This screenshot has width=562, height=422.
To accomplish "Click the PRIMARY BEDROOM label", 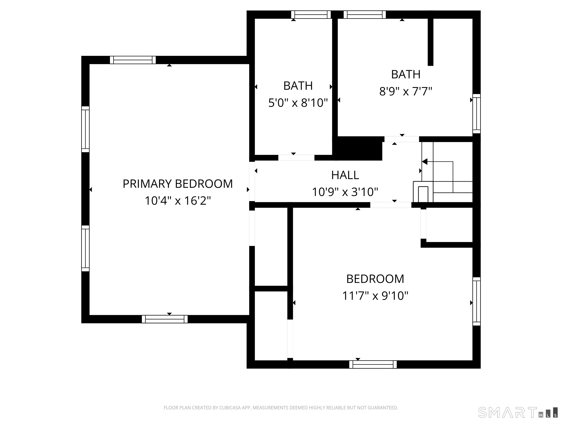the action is [178, 184].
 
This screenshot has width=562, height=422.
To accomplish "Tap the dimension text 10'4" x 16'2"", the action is [178, 201].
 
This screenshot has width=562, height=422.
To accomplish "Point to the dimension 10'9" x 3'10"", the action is [345, 192].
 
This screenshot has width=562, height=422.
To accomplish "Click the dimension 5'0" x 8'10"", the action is [298, 103].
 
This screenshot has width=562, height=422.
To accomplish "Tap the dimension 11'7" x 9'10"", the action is [375, 296].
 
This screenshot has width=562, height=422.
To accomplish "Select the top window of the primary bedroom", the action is [133, 60].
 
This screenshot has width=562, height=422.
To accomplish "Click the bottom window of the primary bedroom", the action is [165, 319].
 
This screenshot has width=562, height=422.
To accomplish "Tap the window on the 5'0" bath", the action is [311, 14].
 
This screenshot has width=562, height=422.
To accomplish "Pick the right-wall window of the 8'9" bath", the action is [477, 114].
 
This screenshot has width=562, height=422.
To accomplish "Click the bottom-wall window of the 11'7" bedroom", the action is [373, 364].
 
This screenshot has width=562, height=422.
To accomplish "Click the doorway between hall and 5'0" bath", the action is [296, 158].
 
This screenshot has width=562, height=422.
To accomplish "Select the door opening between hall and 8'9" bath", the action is [402, 139].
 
